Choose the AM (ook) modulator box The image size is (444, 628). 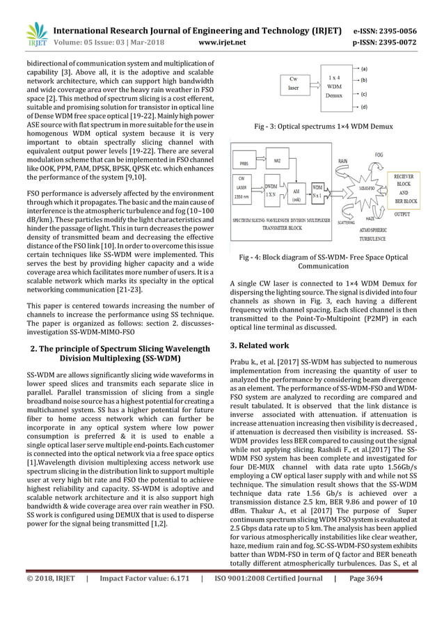[x=295, y=192]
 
